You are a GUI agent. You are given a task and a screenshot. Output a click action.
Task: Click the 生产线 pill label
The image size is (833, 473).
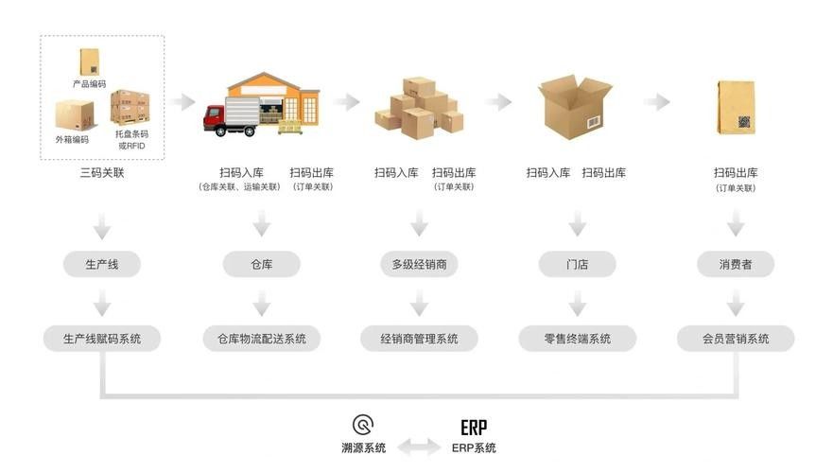pyautogui.click(x=102, y=264)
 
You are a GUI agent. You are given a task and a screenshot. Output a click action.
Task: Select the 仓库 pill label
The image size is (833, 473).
pyautogui.click(x=261, y=264)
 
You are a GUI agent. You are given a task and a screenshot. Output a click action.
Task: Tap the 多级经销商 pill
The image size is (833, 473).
pyautogui.click(x=419, y=264)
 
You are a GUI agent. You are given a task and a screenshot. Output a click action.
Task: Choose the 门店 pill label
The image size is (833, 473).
pyautogui.click(x=578, y=264)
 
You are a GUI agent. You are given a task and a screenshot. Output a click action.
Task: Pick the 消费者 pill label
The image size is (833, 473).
pyautogui.click(x=736, y=264)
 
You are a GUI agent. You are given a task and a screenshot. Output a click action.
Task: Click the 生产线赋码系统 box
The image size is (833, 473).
pyautogui.click(x=102, y=339)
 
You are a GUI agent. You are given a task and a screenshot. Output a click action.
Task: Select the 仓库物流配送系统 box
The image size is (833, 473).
pyautogui.click(x=261, y=339)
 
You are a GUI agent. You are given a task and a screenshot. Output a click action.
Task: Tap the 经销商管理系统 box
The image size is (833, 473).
pyautogui.click(x=419, y=339)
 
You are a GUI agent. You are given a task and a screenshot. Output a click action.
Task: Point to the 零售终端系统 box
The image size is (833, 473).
pyautogui.click(x=578, y=339)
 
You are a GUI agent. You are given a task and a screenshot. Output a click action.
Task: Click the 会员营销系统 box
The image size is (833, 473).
pyautogui.click(x=736, y=339)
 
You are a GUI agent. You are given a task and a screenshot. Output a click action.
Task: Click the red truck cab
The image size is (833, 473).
pyautogui.click(x=214, y=119)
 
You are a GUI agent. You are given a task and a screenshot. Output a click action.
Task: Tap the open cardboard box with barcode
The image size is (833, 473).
pyautogui.click(x=575, y=107)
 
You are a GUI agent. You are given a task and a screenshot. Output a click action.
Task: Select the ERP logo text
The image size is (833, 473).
pyautogui.click(x=474, y=428)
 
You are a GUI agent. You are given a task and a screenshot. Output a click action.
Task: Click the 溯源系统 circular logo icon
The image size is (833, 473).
pyautogui.click(x=363, y=425)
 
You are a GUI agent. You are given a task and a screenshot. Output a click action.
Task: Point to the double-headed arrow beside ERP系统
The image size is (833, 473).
pyautogui.click(x=419, y=447)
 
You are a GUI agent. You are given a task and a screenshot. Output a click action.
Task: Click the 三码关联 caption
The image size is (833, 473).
pyautogui.click(x=102, y=173)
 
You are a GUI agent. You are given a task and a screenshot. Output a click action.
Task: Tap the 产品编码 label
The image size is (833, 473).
pyautogui.click(x=89, y=84)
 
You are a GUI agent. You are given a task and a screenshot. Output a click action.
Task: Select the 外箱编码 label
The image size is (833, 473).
pyautogui.click(x=72, y=139)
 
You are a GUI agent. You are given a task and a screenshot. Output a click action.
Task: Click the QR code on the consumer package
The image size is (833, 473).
pyautogui.click(x=744, y=122)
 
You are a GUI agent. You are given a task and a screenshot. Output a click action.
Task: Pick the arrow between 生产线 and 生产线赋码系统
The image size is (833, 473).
pyautogui.click(x=102, y=303)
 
